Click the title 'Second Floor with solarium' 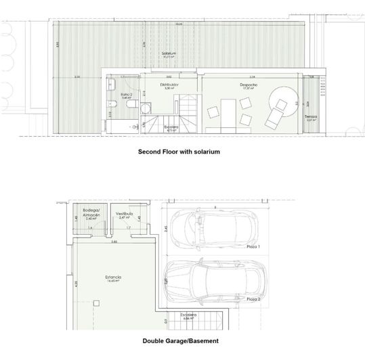coord(179,152)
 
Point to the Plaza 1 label coord(253,248)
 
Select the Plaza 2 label coord(253,298)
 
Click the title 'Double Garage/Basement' coord(179,341)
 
